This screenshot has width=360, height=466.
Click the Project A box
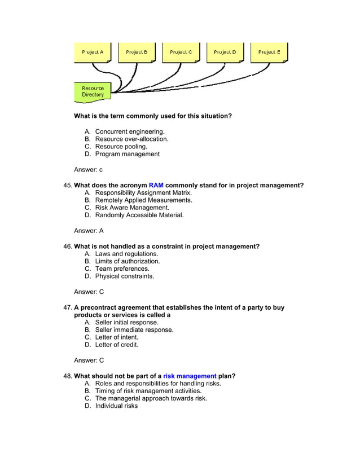click(x=93, y=52)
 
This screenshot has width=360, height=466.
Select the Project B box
click(x=137, y=52)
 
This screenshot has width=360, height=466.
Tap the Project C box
click(x=181, y=52)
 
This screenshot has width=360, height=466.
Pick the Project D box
click(x=225, y=52)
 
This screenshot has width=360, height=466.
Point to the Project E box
click(x=269, y=52)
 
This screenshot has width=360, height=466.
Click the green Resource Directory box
click(x=93, y=91)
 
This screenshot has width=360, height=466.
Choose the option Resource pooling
click(x=121, y=147)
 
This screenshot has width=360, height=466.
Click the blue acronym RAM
click(x=156, y=186)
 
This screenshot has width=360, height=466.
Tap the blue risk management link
click(x=190, y=376)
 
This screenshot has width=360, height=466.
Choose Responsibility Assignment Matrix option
click(x=143, y=193)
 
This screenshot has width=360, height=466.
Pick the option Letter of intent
click(x=116, y=337)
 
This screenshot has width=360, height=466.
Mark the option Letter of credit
click(x=116, y=345)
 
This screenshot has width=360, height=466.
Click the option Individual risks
click(x=116, y=406)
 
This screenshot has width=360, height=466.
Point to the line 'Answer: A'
click(x=89, y=231)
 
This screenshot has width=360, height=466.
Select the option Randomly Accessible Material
click(x=139, y=215)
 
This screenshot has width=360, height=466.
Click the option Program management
click(x=127, y=154)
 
